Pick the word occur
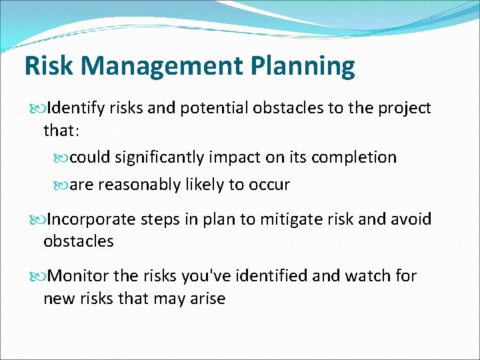click(269, 185)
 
